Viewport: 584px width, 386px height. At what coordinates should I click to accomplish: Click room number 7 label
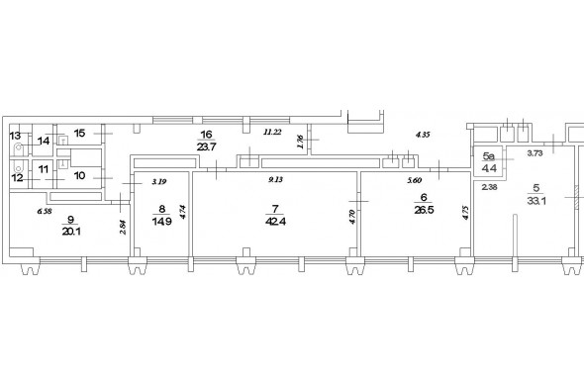(275, 209)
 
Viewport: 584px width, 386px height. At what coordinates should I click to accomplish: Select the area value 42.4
(275, 222)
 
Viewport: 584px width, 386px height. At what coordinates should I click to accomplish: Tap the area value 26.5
(424, 210)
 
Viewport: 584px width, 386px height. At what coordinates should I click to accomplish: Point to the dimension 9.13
(275, 179)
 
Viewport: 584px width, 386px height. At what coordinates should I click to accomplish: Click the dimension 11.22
(272, 132)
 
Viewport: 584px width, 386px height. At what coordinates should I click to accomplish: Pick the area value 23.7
(206, 146)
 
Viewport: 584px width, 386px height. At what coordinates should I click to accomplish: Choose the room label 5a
(488, 156)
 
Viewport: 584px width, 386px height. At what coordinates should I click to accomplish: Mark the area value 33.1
(536, 201)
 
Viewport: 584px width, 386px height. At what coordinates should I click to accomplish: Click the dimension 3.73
(535, 153)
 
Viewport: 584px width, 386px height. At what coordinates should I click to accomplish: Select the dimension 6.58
(45, 211)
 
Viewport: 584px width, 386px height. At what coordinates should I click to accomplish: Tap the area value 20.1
(71, 232)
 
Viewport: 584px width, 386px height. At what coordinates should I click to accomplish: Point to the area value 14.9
(162, 222)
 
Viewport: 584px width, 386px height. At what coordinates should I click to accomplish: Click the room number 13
(15, 136)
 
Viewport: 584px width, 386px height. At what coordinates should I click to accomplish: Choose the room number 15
(80, 133)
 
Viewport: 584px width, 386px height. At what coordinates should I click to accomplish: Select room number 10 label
(80, 175)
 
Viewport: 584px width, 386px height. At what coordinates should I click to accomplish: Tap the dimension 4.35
(423, 135)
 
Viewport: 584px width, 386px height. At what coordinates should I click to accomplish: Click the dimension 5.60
(414, 180)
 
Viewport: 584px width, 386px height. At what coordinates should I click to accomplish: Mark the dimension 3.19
(159, 182)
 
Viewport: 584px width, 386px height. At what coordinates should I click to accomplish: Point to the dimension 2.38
(489, 187)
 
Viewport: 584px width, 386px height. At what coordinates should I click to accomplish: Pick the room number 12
(17, 178)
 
